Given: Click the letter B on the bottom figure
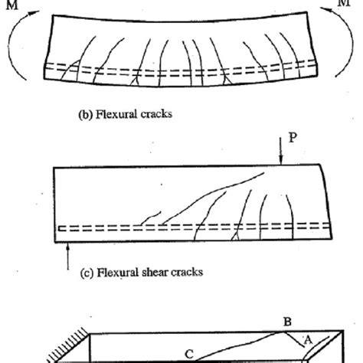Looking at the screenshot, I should pyautogui.click(x=287, y=323).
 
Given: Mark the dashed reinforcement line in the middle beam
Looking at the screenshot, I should pyautogui.click(x=191, y=227).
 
